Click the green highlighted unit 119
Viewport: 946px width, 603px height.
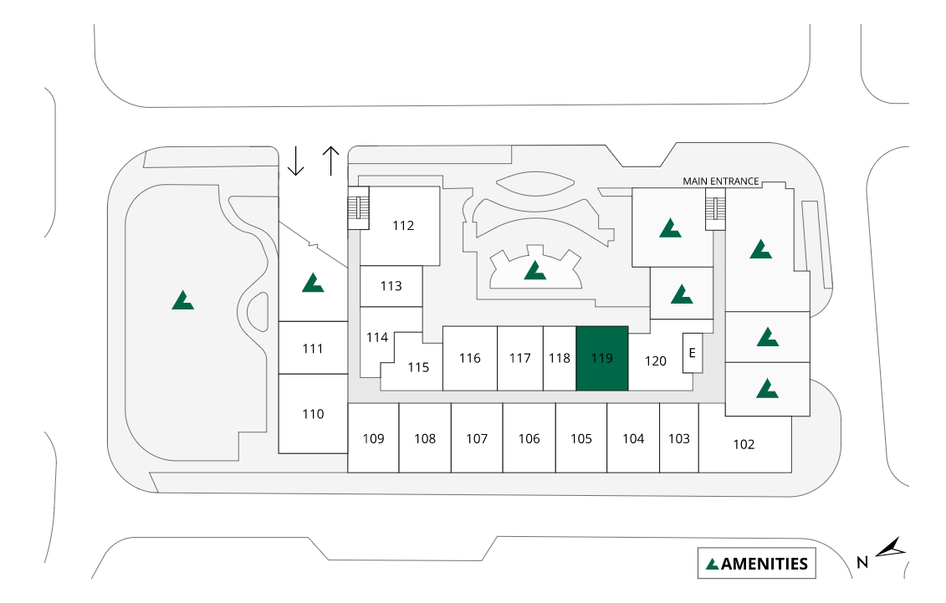coord(602,358)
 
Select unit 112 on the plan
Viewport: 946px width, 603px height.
coord(403,225)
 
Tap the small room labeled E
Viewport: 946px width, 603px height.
coord(692,353)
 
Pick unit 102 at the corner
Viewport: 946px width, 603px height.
coord(744,444)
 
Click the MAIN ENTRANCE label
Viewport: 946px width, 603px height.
coord(720,181)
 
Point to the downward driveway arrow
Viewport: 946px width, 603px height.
coord(295,161)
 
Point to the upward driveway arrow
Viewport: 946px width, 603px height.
coord(331,161)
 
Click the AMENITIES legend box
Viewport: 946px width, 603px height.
coord(757,564)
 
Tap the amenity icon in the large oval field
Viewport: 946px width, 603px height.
coord(182,300)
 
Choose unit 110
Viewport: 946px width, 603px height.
coord(313,414)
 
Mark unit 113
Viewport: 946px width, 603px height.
coord(391,286)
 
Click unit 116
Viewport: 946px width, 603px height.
coord(470,358)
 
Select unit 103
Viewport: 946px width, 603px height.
coord(679,438)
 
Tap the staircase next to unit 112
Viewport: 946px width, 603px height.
coord(359,212)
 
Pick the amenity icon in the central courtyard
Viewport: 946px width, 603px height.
coord(534,270)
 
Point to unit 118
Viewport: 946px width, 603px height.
coord(560,358)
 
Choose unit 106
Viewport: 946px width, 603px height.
coord(529,438)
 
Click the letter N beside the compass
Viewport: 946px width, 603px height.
coord(862,563)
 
